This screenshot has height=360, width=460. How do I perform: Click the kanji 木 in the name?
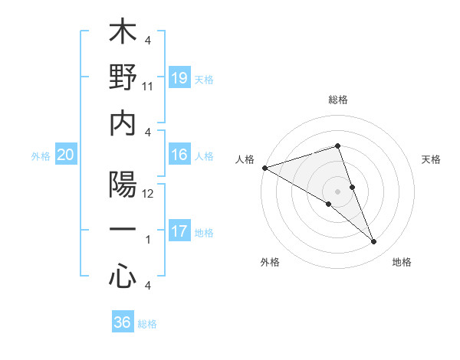123,34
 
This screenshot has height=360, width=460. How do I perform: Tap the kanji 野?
123,77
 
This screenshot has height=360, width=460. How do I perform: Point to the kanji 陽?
123,185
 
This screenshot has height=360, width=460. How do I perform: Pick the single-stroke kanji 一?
123,230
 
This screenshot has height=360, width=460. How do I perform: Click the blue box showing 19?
179,78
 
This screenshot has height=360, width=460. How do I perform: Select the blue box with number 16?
179,155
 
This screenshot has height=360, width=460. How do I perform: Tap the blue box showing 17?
179,231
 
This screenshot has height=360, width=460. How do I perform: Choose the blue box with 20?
66,155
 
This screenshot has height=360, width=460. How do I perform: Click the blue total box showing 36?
123,322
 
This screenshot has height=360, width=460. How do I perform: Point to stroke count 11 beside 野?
148,87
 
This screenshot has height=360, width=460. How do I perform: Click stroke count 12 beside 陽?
149,195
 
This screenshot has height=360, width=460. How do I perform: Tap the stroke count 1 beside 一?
148,240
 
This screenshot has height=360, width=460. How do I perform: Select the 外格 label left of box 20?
41,155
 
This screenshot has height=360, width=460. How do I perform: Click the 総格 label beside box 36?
147,323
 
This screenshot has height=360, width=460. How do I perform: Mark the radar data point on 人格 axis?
264,168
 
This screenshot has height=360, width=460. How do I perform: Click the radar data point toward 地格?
373,242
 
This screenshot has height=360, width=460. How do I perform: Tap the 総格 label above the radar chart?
337,100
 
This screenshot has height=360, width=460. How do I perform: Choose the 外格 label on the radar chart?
270,263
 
